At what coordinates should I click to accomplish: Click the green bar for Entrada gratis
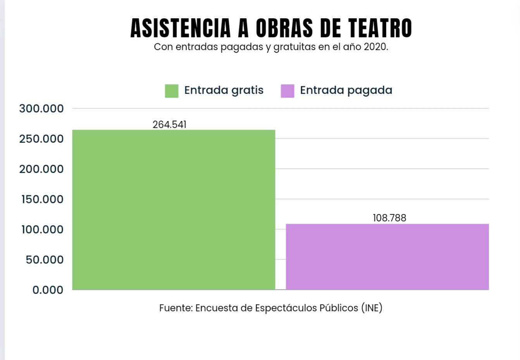coord(174,210)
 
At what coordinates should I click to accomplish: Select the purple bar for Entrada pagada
coord(387,257)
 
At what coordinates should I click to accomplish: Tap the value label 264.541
coord(169,124)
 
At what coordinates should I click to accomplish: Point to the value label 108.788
coord(389,218)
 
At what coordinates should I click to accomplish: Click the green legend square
coord(172,91)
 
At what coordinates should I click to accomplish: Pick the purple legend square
coord(287,91)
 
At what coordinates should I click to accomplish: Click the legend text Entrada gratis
coord(224,90)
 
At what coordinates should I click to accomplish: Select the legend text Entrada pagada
coord(346,90)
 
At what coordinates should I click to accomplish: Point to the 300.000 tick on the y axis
coord(41,109)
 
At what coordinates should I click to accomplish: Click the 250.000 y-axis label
coord(41,139)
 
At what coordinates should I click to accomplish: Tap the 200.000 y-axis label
coord(41,169)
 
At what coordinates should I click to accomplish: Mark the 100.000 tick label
coord(42,229)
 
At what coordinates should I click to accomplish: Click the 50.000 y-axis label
coord(45,260)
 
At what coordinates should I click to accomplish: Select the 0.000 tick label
coord(48,290)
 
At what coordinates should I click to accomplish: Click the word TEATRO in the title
coord(380,28)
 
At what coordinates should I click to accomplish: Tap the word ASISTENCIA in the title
coord(180,28)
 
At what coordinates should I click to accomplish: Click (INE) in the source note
coord(372,308)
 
